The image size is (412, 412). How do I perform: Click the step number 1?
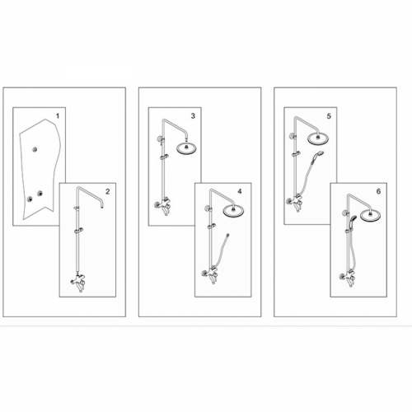(58, 116)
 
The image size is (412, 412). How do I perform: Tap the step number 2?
(107, 191)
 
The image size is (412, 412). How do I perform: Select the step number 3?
(193, 116)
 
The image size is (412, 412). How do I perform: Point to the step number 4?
(240, 191)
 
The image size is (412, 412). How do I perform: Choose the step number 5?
(329, 116)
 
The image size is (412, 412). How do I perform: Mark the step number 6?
(378, 191)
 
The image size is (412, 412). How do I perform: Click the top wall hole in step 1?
(35, 149)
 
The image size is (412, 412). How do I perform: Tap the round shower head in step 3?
(186, 148)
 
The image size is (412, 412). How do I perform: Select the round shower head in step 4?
(233, 211)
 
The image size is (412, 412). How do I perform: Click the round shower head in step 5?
(318, 138)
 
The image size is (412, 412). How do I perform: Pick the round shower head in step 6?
(370, 215)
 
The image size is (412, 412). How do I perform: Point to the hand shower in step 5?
(318, 157)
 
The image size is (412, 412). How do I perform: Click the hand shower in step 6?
(351, 221)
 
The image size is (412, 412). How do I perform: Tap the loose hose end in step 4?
(227, 236)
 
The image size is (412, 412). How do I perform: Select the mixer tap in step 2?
(78, 282)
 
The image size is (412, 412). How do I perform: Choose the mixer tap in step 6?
(348, 277)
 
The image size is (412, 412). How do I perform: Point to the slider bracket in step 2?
(79, 231)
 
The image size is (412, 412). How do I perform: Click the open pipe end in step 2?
(102, 208)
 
